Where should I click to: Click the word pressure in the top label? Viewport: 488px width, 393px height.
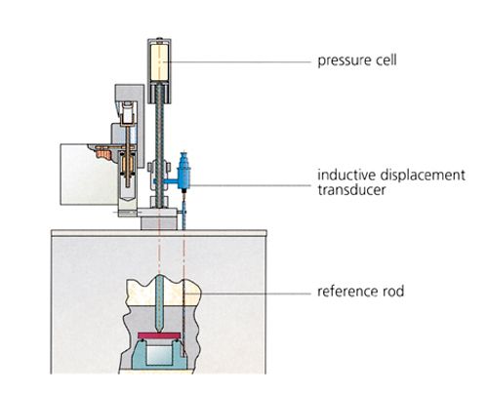[x=346, y=60]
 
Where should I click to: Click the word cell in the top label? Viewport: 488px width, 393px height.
[x=387, y=59]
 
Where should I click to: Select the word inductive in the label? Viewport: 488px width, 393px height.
[x=346, y=175]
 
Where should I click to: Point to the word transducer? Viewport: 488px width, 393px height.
[x=351, y=190]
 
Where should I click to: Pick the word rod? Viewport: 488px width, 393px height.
[x=393, y=291]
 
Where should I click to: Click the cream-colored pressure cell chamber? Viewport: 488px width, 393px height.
[x=159, y=62]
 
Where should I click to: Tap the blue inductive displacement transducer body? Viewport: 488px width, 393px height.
[x=184, y=172]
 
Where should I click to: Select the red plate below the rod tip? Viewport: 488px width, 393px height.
[x=159, y=335]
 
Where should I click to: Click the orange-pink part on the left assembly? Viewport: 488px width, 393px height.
[x=104, y=154]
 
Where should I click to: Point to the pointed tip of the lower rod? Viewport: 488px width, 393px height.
[x=159, y=330]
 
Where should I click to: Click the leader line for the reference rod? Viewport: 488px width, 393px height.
[x=255, y=294]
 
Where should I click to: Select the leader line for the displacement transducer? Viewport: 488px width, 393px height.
[x=251, y=185]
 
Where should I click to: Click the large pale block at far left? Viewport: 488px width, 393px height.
[x=88, y=176]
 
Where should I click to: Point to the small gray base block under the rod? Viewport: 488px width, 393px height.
[x=159, y=223]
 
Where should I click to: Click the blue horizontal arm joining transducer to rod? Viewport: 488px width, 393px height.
[x=167, y=181]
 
